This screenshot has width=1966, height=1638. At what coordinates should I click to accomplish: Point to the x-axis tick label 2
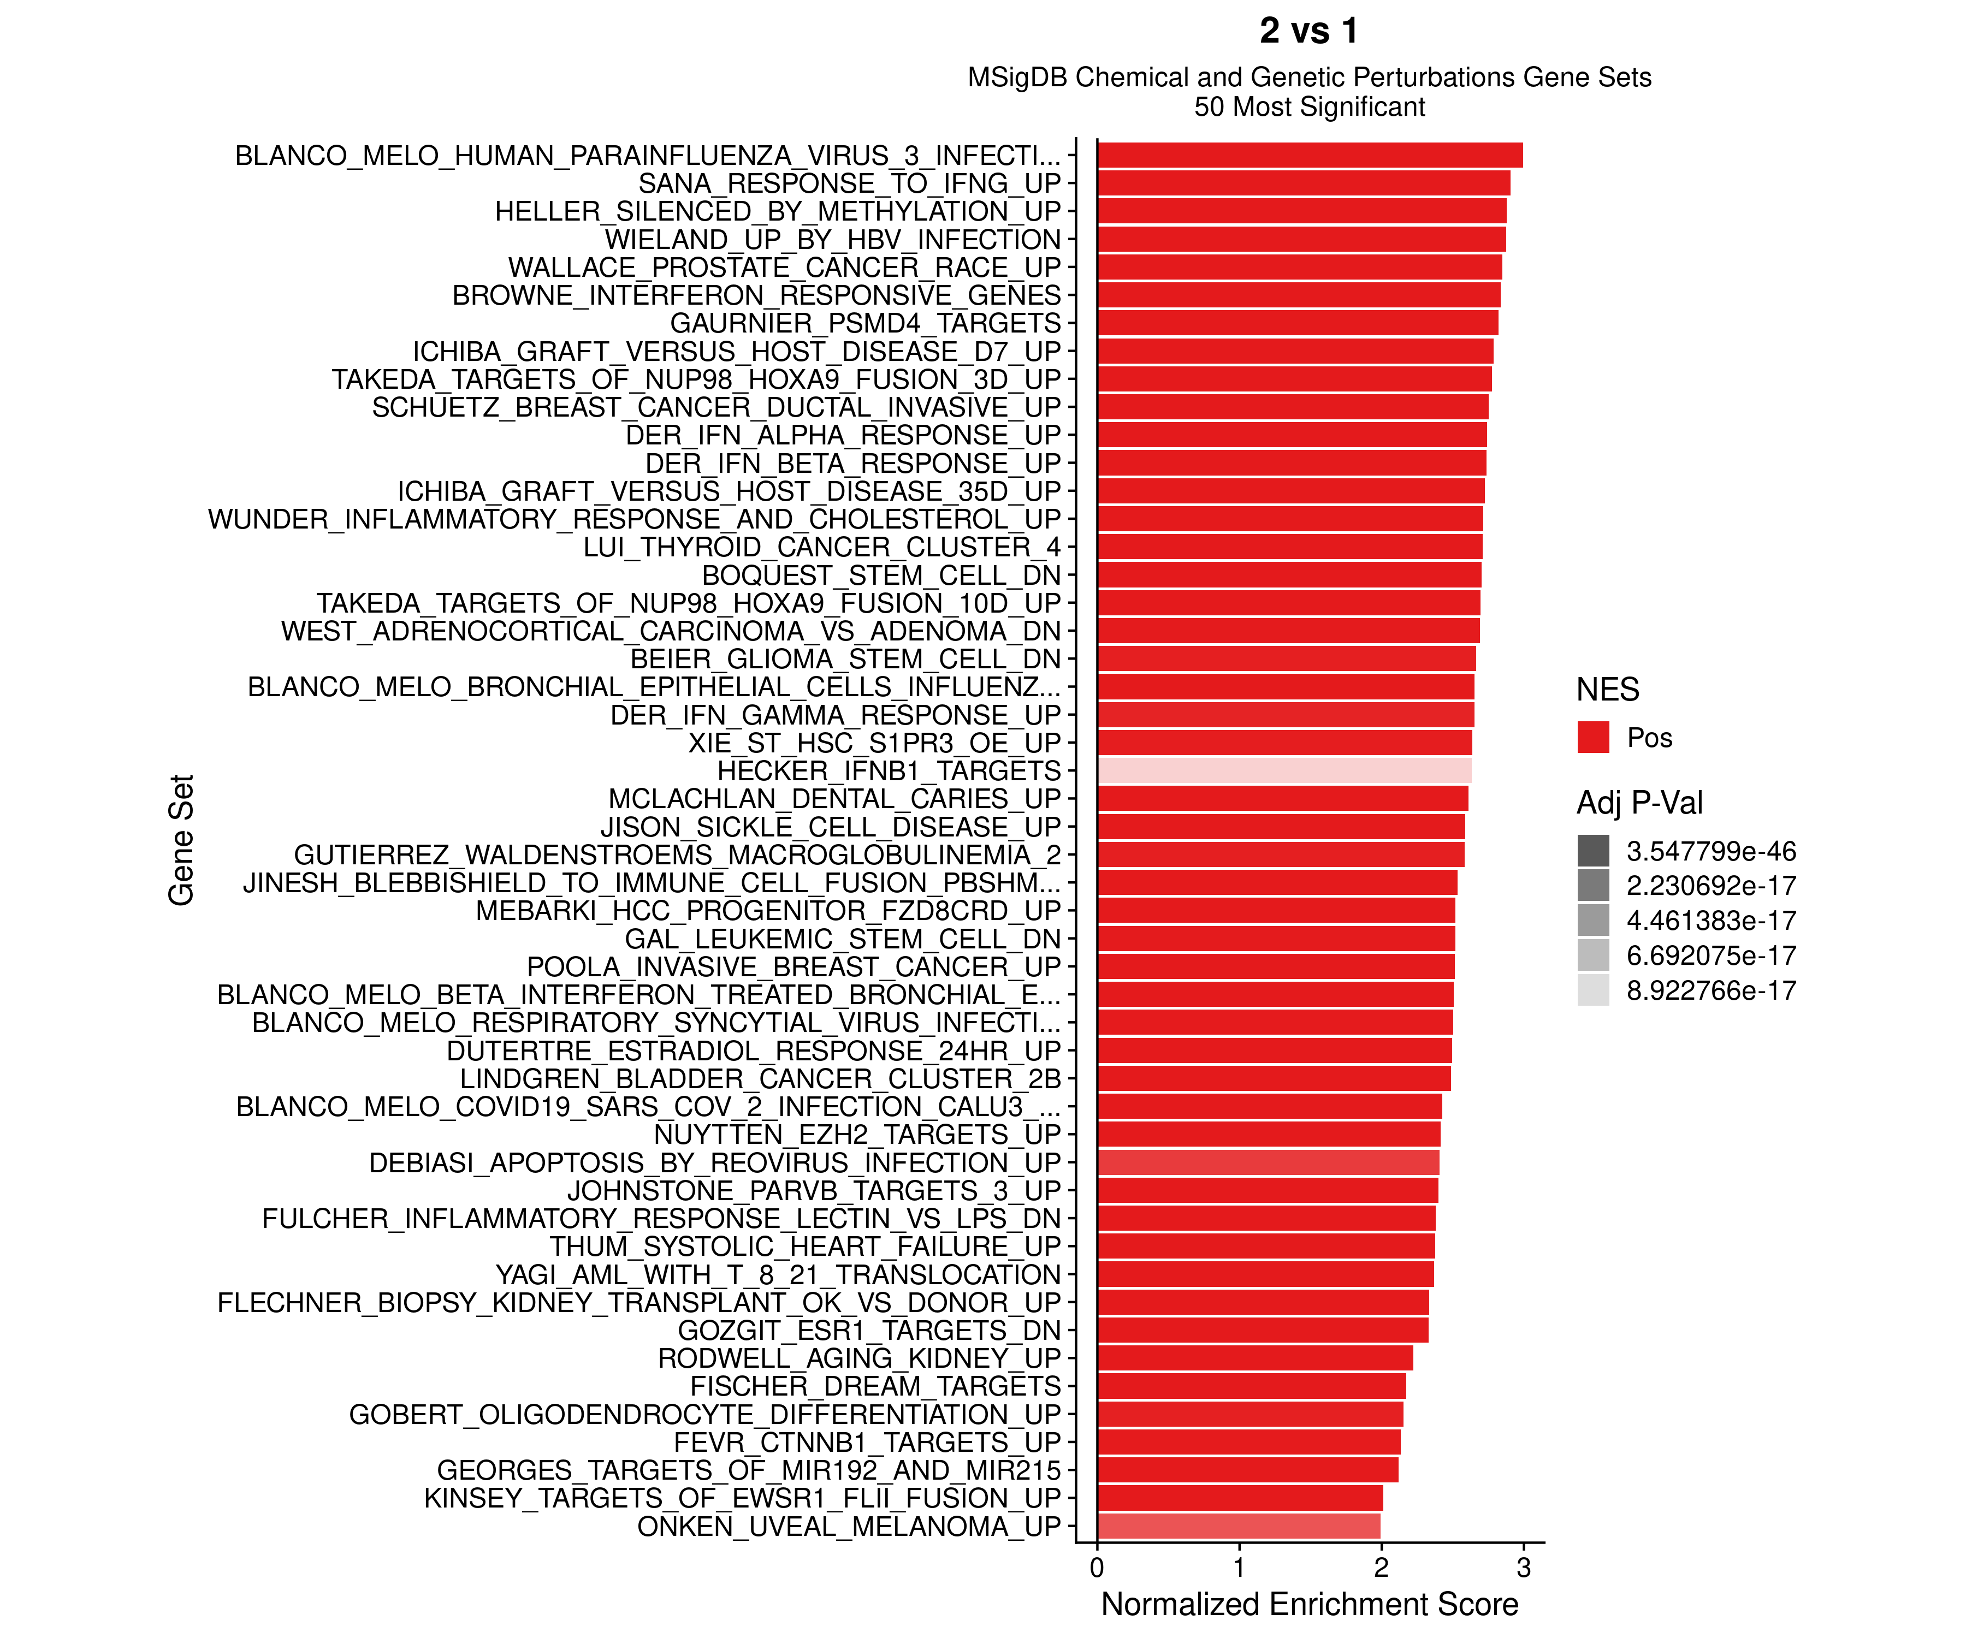tap(1381, 1568)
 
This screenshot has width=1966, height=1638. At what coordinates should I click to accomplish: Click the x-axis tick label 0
tap(1097, 1568)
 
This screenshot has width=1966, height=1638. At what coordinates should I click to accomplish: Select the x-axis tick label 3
tap(1523, 1568)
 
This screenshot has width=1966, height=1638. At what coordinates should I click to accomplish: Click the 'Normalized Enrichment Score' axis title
tap(1309, 1604)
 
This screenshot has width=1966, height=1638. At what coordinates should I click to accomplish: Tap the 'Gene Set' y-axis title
tap(181, 840)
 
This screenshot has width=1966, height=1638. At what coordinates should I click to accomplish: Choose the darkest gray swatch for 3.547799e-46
tap(1592, 851)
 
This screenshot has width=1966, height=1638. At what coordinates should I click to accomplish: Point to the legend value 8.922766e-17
tap(1710, 990)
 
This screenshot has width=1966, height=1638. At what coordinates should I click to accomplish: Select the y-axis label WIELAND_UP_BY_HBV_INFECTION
tap(832, 240)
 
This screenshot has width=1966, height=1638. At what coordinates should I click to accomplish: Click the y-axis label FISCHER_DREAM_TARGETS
tap(875, 1386)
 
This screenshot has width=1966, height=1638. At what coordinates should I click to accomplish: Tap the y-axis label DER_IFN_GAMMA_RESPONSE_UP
tap(835, 715)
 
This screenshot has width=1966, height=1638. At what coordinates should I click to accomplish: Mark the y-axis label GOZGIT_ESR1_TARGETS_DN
tap(869, 1330)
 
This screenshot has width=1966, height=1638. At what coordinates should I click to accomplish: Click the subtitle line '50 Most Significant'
tap(1309, 106)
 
